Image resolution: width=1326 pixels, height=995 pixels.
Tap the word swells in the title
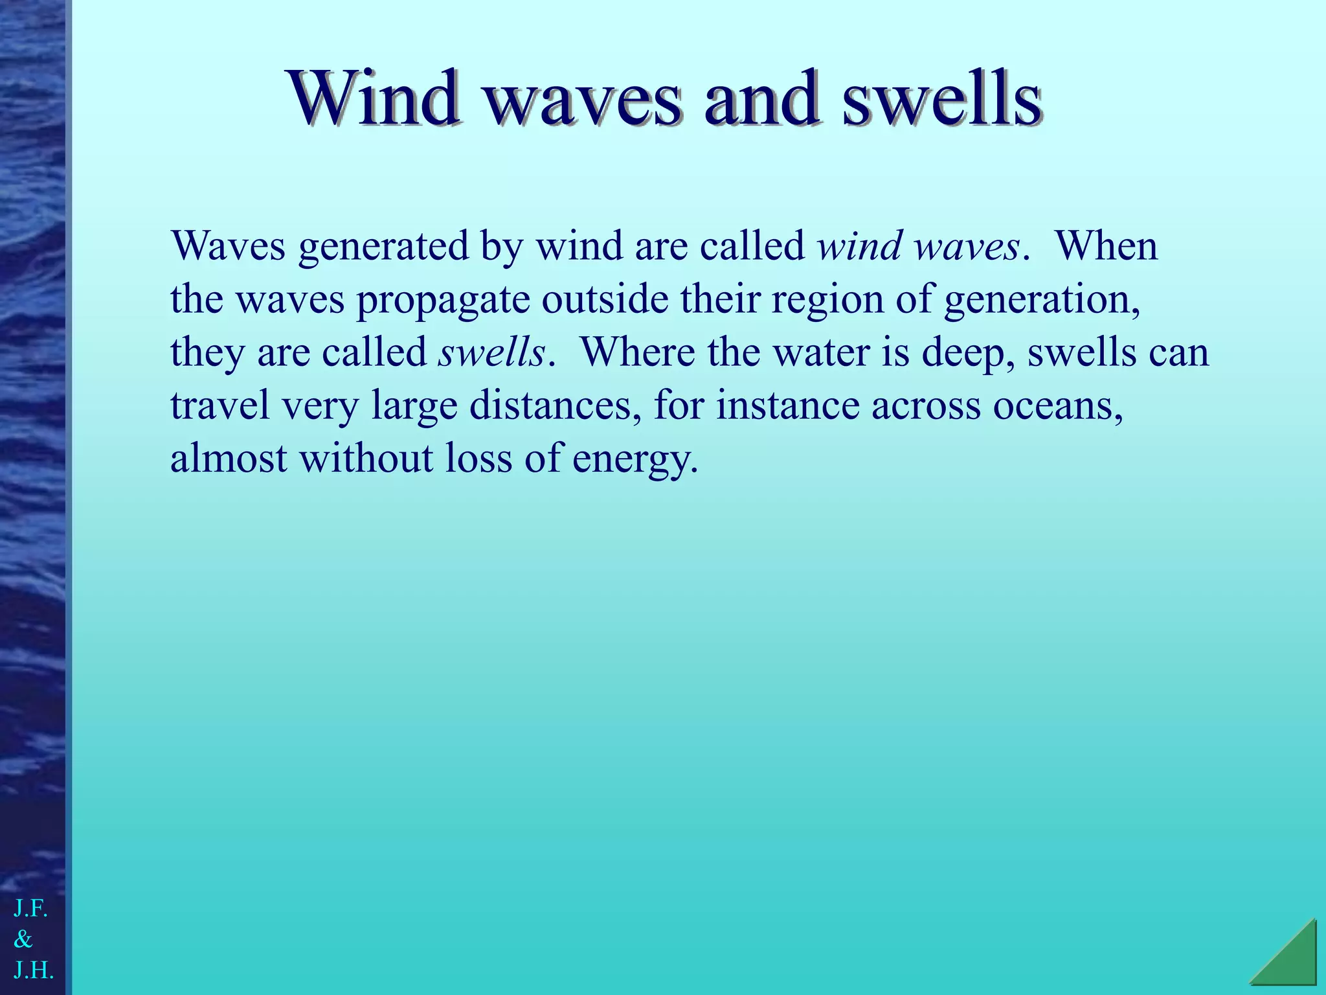[x=942, y=99]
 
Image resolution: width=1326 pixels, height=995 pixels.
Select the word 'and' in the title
[x=760, y=99]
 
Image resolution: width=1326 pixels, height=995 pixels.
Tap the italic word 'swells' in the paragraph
[x=491, y=353]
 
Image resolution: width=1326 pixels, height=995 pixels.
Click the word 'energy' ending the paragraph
[x=635, y=459]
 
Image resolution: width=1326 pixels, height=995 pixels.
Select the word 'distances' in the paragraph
[x=556, y=406]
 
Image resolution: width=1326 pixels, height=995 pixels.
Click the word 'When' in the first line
[x=1107, y=247]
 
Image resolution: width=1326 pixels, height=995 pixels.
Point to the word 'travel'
[x=219, y=406]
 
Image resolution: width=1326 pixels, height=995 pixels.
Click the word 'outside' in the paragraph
[x=605, y=300]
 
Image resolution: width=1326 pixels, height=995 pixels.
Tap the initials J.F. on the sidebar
[x=30, y=909]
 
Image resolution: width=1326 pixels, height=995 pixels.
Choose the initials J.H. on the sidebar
[x=33, y=970]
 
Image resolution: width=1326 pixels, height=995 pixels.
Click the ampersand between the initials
[x=23, y=939]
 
